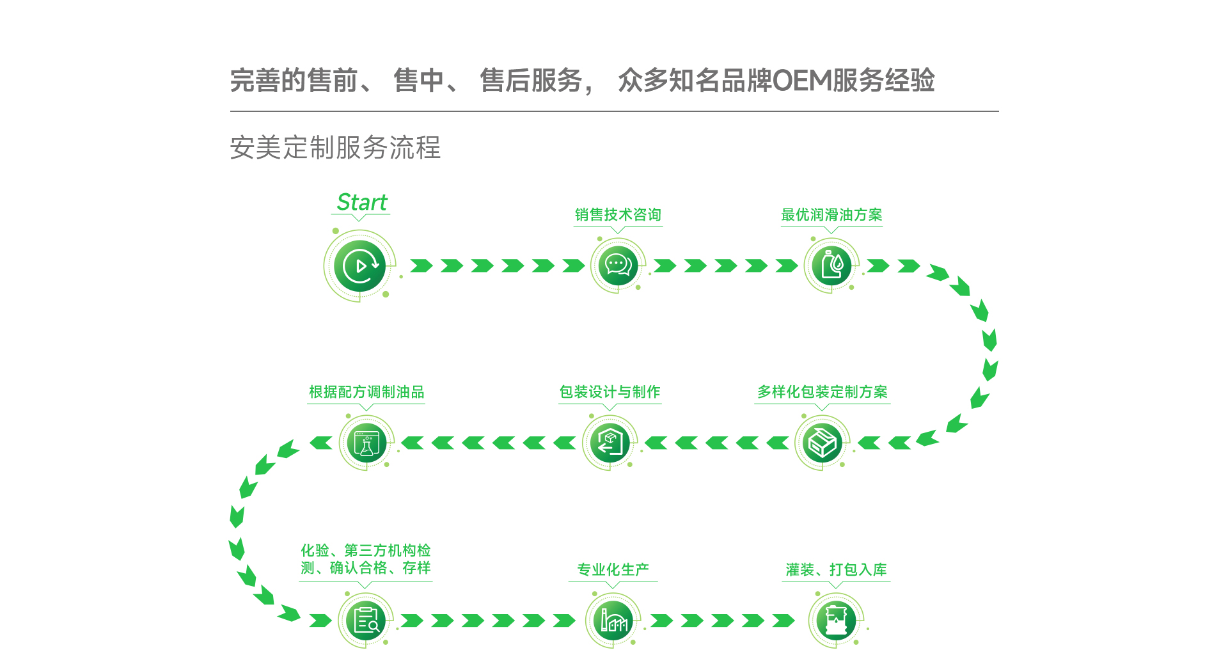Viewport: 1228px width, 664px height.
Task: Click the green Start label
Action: point(362,203)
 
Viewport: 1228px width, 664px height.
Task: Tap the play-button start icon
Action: point(359,265)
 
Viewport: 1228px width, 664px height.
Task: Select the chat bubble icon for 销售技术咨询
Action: point(618,265)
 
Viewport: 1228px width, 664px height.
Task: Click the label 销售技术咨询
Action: point(618,215)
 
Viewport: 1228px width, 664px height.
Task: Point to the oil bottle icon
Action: point(831,265)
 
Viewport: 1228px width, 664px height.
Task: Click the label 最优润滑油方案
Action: point(831,215)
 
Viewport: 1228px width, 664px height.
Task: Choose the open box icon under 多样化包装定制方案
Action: point(822,443)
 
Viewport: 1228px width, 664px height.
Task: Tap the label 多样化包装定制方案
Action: point(823,392)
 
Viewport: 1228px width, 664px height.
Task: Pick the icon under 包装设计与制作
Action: point(610,443)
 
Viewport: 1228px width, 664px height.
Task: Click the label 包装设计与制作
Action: point(610,392)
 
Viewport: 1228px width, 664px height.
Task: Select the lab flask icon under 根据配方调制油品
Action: point(366,443)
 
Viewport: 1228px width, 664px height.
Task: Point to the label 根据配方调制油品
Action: point(366,392)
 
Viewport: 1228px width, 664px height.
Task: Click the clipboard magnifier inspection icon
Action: point(366,620)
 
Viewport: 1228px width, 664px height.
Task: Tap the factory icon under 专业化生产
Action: point(613,620)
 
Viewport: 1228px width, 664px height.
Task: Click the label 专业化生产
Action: point(613,569)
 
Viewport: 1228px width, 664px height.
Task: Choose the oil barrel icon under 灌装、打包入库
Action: point(836,620)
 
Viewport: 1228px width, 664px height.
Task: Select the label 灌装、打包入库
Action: point(836,569)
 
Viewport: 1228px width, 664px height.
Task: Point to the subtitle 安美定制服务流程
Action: point(335,148)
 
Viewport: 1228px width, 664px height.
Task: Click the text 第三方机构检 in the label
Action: point(388,550)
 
